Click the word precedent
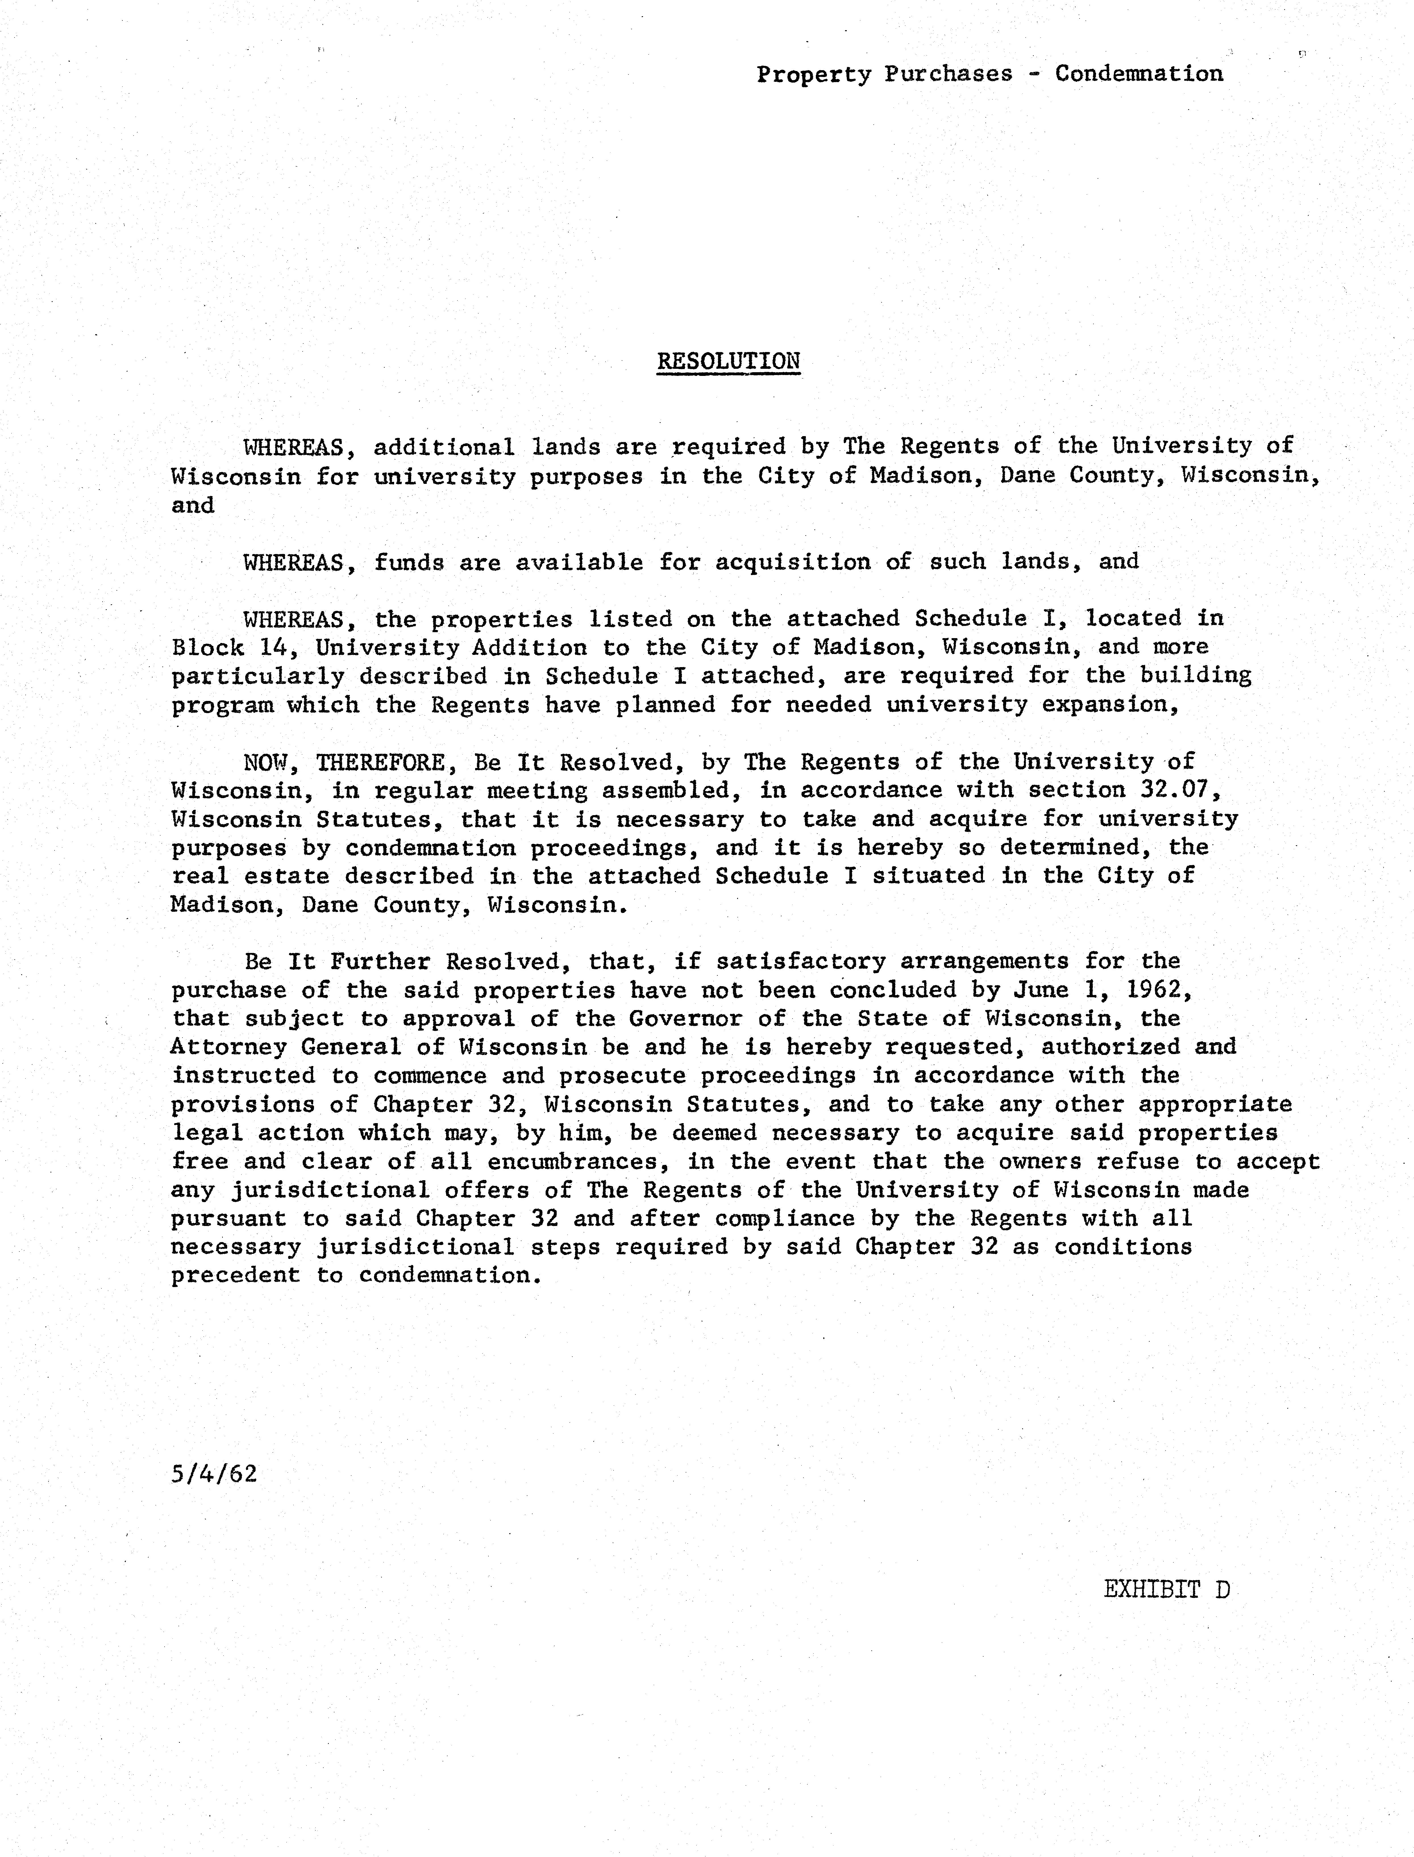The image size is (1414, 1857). [x=235, y=1276]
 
